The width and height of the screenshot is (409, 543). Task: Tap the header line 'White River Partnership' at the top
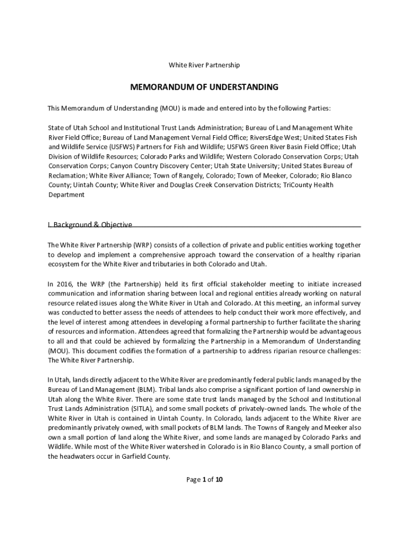point(204,65)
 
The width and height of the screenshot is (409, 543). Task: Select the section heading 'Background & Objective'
point(92,224)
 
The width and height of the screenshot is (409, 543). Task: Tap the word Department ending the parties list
point(66,195)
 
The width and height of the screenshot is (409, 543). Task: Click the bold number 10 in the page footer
point(219,480)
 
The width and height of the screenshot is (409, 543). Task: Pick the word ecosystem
point(64,264)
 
